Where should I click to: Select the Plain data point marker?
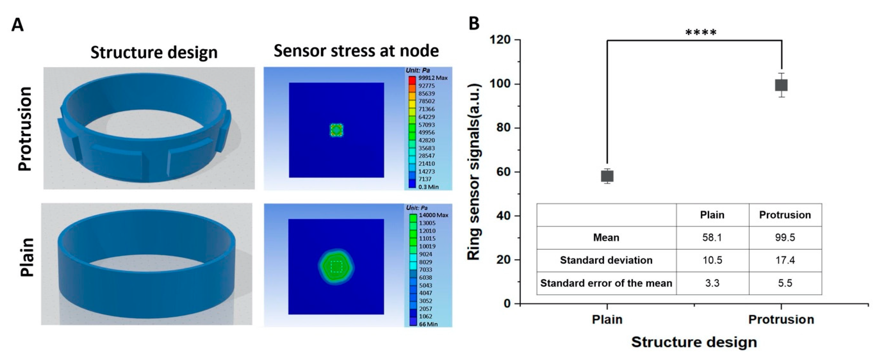click(607, 176)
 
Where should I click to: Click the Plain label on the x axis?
click(607, 319)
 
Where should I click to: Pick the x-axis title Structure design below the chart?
click(694, 342)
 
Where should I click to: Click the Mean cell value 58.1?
click(712, 237)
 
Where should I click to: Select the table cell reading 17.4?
click(785, 260)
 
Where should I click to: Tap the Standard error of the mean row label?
click(606, 283)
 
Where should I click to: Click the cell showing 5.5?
click(785, 283)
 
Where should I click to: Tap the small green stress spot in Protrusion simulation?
click(336, 130)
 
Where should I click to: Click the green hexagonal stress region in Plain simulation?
click(336, 267)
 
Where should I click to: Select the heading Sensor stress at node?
click(356, 51)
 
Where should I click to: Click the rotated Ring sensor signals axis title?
click(474, 172)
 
